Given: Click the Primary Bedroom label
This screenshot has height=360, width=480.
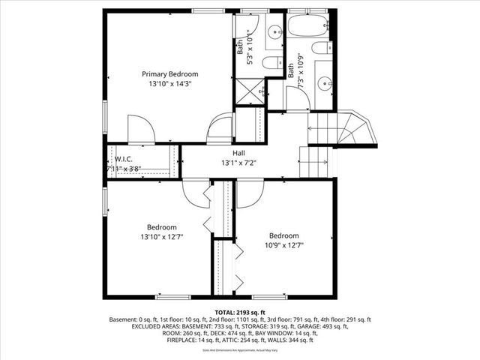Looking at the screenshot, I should pyautogui.click(x=170, y=74).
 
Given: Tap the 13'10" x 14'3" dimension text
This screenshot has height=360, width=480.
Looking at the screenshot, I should pyautogui.click(x=170, y=85).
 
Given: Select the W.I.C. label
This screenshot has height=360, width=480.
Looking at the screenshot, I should pyautogui.click(x=124, y=158).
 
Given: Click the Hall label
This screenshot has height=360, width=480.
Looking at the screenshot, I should pyautogui.click(x=238, y=153).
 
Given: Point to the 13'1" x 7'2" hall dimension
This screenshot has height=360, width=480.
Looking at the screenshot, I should pyautogui.click(x=238, y=163).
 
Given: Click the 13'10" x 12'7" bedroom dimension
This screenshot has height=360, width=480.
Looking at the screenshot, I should pyautogui.click(x=161, y=237).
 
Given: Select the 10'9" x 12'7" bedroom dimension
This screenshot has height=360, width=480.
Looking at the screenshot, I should pyautogui.click(x=284, y=244).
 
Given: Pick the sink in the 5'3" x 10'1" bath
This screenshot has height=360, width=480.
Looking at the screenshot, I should pyautogui.click(x=274, y=31).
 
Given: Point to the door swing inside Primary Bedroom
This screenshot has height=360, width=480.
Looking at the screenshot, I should pyautogui.click(x=140, y=129).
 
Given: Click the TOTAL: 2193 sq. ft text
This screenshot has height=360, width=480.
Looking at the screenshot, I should pyautogui.click(x=240, y=312).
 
